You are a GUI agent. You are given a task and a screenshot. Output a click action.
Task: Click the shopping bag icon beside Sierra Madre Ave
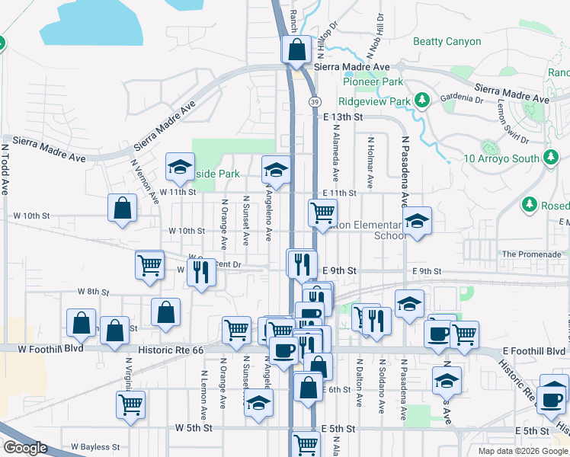(296, 50)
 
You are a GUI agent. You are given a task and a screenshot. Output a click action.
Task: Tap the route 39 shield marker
(314, 101)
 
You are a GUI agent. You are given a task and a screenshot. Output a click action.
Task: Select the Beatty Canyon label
(447, 42)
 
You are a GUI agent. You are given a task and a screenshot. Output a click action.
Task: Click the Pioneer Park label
(373, 81)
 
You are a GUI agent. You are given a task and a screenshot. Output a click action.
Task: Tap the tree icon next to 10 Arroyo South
(550, 158)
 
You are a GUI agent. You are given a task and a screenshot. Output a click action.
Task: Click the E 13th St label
(340, 117)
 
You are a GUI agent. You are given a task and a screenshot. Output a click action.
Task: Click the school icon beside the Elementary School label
(416, 222)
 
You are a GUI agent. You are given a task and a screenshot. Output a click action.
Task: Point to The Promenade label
(531, 254)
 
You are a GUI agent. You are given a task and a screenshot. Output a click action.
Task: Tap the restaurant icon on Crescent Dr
(201, 272)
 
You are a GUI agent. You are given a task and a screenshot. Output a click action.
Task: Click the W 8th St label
(94, 292)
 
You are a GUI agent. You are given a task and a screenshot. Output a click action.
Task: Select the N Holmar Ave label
(370, 162)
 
